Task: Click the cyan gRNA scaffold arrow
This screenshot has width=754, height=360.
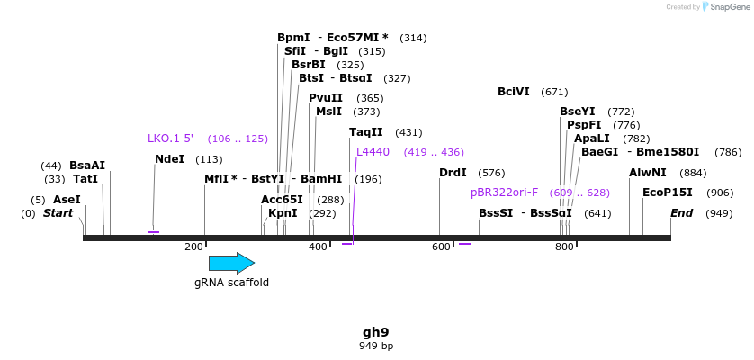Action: pos(231,263)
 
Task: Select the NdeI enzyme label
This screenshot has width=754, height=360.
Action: pos(169,159)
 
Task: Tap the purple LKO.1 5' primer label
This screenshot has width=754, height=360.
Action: pos(170,139)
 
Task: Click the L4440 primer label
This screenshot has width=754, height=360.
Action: pos(373,152)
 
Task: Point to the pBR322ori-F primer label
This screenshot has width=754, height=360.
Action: pos(504,193)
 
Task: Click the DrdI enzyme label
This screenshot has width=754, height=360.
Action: pos(453,173)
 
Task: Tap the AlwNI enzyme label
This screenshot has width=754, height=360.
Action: pos(648,173)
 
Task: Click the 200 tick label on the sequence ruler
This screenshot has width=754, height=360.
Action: pos(193,247)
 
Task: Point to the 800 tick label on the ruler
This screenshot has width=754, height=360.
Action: pos(564,247)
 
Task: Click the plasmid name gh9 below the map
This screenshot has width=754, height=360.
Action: pos(376,332)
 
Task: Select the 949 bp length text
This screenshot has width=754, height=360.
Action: pos(376,346)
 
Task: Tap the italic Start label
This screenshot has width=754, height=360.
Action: pos(58,213)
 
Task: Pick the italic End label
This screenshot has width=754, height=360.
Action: pos(681,213)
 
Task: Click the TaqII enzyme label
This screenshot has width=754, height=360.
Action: pos(366,132)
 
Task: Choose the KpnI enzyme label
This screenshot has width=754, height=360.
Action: pos(283,213)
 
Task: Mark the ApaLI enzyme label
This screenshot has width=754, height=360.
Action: pos(591,139)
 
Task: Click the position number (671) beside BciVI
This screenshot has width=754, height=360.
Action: pos(554,92)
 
